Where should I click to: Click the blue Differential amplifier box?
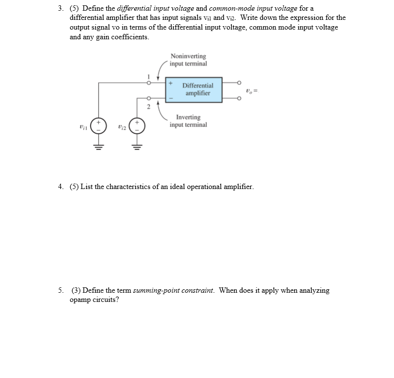[194, 89]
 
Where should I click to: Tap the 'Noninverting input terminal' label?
[188, 60]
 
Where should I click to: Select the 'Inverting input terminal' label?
[188, 121]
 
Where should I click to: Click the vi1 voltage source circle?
[99, 126]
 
